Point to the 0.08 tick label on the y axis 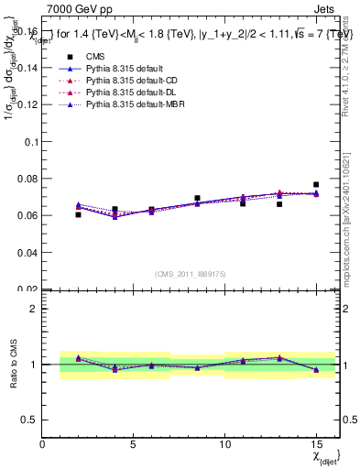point(26,179)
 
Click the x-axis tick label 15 point(315,444)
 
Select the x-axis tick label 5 point(133,444)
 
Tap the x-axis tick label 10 point(224,444)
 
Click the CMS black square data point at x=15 point(316,184)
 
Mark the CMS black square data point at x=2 point(79,214)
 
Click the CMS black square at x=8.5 point(197,198)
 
